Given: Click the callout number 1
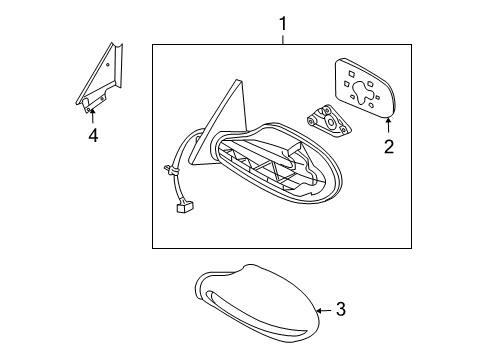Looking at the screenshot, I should (x=282, y=22).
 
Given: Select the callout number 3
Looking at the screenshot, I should (x=340, y=311).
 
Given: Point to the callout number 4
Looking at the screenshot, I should (x=92, y=135).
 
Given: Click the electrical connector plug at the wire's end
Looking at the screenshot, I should (x=183, y=208).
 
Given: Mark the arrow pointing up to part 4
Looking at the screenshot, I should (x=92, y=115).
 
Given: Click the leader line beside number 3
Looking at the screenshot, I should (x=324, y=311).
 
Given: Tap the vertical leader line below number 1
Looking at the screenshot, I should (x=282, y=38).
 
